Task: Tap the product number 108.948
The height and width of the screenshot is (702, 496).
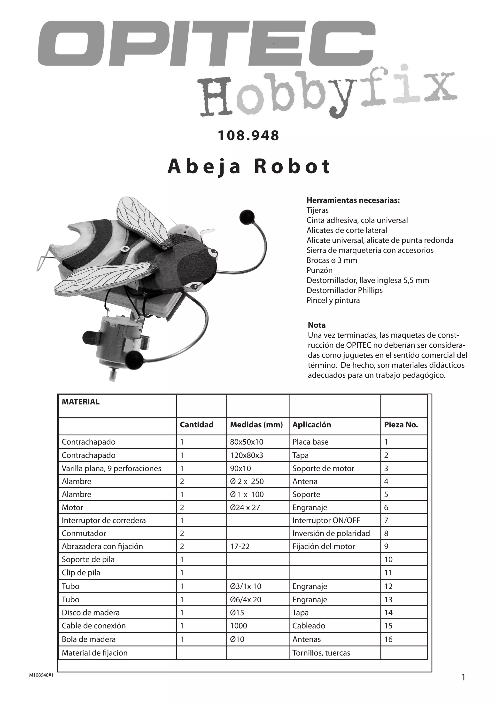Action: point(248,136)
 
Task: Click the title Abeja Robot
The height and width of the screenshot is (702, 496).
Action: point(249,167)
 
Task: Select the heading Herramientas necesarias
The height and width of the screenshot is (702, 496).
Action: point(353,200)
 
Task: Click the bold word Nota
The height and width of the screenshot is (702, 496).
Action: point(317,325)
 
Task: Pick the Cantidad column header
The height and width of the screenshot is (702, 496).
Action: point(196,425)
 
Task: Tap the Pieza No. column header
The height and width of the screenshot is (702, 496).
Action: point(401,425)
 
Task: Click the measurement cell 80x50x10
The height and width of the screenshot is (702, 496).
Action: point(247,442)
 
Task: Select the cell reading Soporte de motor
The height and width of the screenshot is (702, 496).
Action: point(323,468)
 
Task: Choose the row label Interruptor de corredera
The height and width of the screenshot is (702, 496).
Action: point(104,520)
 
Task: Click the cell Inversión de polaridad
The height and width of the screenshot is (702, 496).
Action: point(331,534)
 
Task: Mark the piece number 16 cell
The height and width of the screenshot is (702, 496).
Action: point(388,639)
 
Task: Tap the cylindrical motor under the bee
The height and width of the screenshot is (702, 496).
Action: point(118,344)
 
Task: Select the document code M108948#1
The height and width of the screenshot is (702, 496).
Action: point(41,675)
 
